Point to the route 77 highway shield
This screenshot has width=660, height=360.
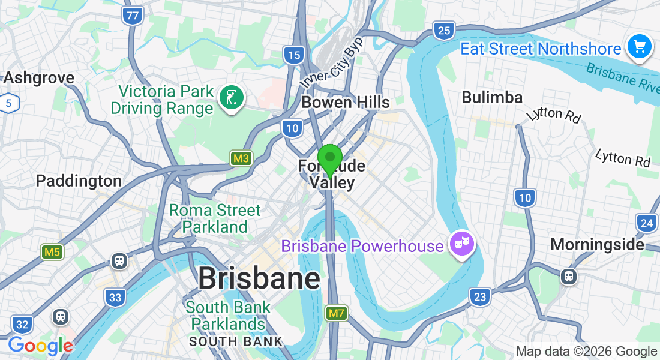(x=132, y=16)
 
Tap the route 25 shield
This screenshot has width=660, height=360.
(x=444, y=30)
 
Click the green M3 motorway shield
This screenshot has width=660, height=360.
(x=241, y=158)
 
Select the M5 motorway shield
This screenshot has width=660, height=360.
(x=52, y=252)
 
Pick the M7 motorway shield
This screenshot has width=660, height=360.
(x=335, y=313)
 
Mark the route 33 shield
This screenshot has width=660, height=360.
(x=115, y=297)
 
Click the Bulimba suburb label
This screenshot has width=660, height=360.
(x=492, y=98)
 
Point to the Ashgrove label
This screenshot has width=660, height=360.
(x=39, y=77)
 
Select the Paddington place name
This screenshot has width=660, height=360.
(x=79, y=181)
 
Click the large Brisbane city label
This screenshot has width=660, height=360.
(x=259, y=278)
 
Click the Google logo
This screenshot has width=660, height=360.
(x=40, y=346)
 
